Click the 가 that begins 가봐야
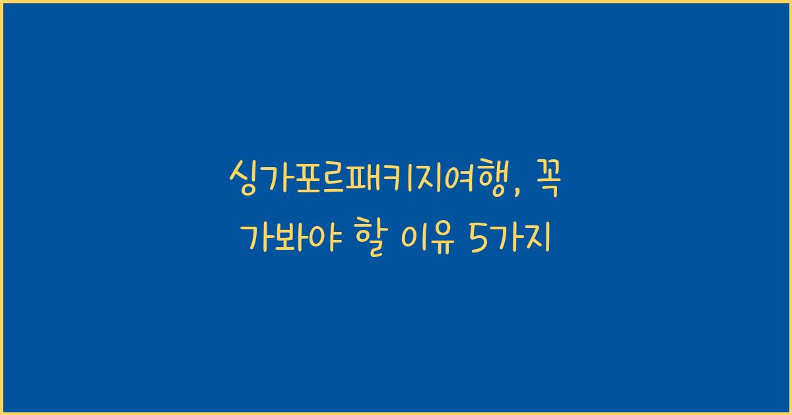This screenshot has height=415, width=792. click(x=256, y=238)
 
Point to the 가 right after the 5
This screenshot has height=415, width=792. click(x=506, y=238)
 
